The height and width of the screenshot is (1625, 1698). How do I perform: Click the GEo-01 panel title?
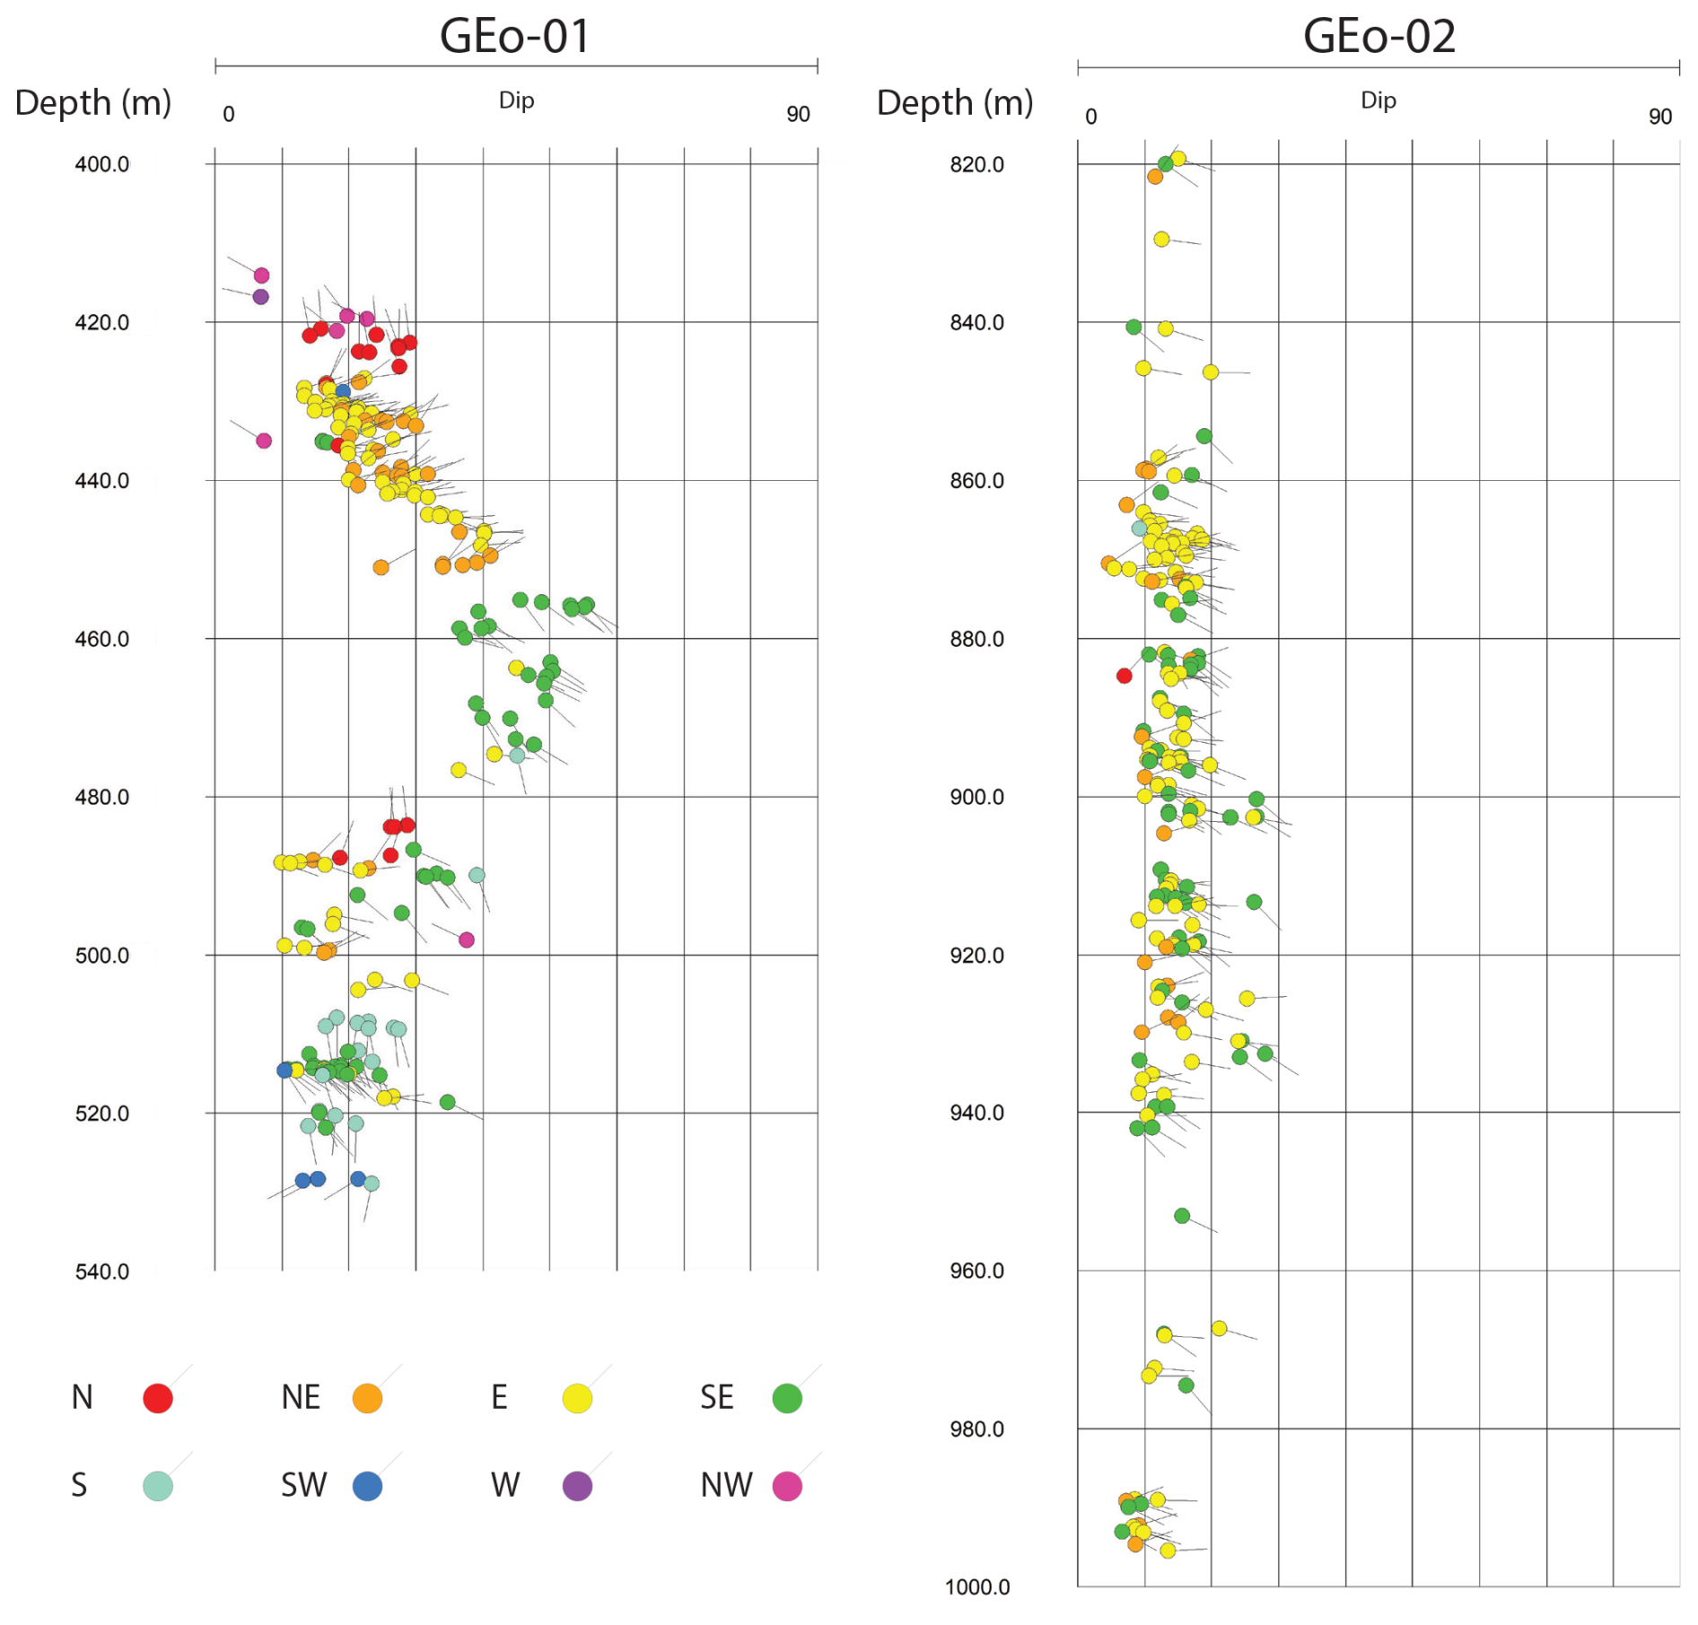click(x=514, y=37)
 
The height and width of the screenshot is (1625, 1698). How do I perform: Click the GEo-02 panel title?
click(x=1379, y=37)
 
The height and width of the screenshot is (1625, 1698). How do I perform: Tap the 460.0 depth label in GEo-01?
click(x=101, y=639)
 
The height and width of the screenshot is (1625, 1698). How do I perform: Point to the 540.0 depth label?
click(x=101, y=1271)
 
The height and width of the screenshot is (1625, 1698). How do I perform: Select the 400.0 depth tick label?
click(x=101, y=164)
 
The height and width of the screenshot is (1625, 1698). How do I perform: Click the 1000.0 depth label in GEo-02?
click(x=976, y=1587)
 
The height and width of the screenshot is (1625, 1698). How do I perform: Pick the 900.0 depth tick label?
click(x=976, y=797)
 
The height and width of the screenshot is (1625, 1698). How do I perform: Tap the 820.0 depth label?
click(x=976, y=164)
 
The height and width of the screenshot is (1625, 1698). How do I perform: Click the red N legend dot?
click(x=158, y=1398)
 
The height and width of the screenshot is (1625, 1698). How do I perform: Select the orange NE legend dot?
click(x=367, y=1398)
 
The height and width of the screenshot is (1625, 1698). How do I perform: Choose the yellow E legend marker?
click(x=577, y=1398)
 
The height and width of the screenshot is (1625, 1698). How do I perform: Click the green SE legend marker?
click(x=787, y=1398)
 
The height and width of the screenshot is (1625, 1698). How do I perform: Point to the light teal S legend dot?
click(x=158, y=1486)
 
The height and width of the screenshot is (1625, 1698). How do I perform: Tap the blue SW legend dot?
click(x=367, y=1486)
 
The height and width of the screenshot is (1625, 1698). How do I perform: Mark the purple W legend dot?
click(x=577, y=1486)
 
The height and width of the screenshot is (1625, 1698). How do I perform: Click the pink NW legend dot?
click(x=787, y=1486)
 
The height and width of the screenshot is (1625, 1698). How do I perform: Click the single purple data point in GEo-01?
click(x=260, y=296)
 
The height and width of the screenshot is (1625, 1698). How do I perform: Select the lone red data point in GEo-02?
click(x=1124, y=676)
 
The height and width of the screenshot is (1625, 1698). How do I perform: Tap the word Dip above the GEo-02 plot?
click(x=1378, y=100)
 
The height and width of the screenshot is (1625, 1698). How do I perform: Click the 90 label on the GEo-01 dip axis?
click(x=798, y=114)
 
